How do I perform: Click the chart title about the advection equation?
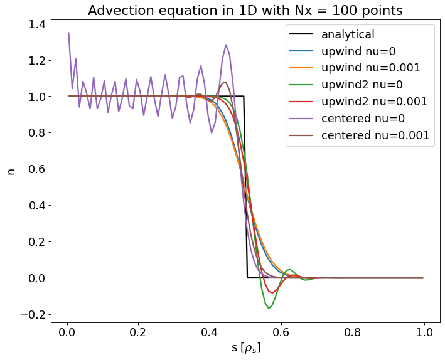pos(245,11)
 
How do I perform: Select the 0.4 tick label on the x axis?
pos(210,332)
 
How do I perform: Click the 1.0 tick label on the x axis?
pos(424,332)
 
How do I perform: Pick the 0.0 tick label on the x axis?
pos(67,332)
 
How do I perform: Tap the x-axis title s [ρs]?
pos(245,348)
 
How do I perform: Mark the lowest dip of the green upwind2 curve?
pos(269,308)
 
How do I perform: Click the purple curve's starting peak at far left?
pos(68,33)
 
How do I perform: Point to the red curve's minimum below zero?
pos(271,292)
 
